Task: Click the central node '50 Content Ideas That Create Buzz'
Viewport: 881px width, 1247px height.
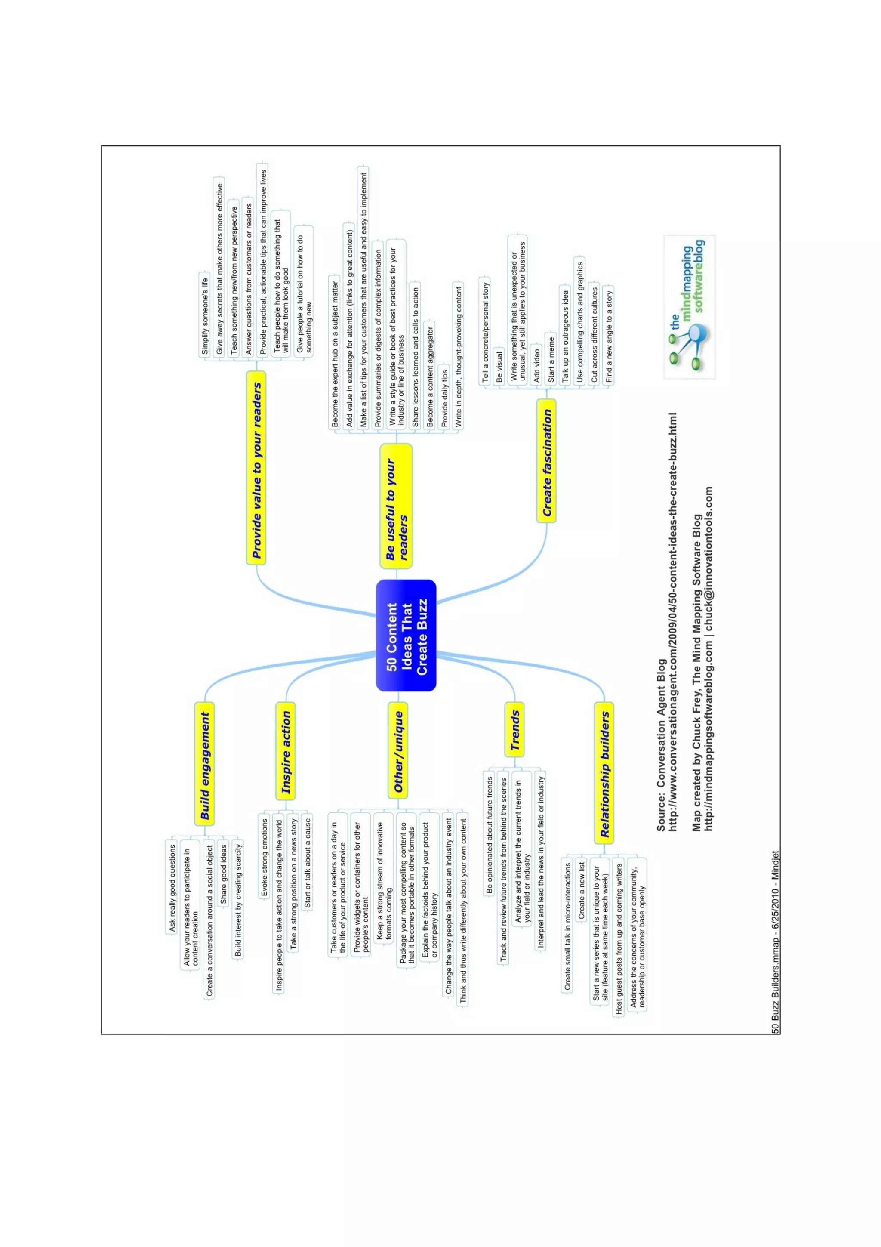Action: pos(406,636)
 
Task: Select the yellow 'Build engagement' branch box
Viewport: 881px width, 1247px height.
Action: pos(204,766)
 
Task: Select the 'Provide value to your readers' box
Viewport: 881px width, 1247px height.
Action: pos(256,468)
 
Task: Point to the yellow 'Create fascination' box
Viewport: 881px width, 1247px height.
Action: pos(547,461)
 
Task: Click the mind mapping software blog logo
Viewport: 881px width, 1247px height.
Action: pos(690,307)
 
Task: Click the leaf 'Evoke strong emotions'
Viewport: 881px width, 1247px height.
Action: pos(264,858)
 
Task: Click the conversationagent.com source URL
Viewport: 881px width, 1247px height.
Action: pos(673,622)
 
